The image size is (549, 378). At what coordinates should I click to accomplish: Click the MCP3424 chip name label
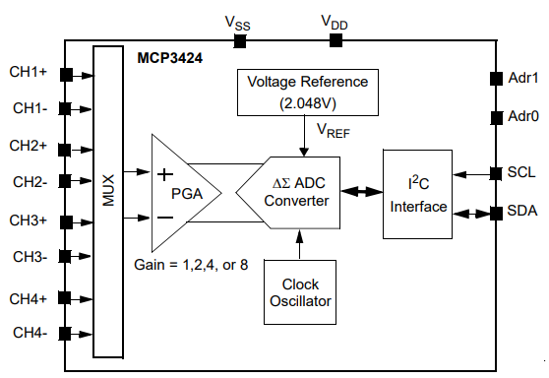click(x=169, y=60)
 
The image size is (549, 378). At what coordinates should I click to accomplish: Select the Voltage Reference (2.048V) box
click(x=307, y=91)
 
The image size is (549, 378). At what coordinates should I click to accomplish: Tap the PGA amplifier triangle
click(x=183, y=192)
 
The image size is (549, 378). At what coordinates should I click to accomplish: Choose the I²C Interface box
click(x=418, y=194)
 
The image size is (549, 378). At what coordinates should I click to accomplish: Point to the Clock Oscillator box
click(x=300, y=292)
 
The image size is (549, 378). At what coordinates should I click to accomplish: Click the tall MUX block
click(x=108, y=201)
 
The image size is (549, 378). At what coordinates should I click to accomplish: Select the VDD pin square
click(x=335, y=40)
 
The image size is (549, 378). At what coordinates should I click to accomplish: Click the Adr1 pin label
click(x=520, y=78)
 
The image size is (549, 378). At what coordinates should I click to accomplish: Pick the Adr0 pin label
click(x=520, y=116)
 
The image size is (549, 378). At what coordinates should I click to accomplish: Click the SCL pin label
click(x=521, y=173)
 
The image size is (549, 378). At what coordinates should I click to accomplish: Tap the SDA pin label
click(x=521, y=212)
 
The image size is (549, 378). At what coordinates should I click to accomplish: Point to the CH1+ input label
click(x=30, y=73)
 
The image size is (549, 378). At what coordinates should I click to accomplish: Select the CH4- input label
click(x=30, y=334)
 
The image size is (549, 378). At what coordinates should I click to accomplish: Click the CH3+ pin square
click(x=66, y=220)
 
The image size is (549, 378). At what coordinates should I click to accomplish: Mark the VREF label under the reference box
click(x=332, y=127)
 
